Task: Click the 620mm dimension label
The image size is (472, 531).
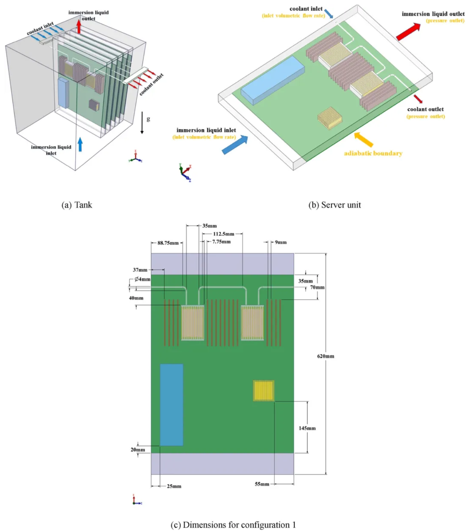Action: (x=326, y=356)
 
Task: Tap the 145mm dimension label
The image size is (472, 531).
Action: (x=307, y=428)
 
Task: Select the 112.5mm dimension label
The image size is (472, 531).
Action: (x=223, y=234)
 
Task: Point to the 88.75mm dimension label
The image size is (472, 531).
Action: (x=168, y=243)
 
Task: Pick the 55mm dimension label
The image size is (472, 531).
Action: (x=262, y=484)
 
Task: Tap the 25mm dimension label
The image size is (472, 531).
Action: (x=174, y=486)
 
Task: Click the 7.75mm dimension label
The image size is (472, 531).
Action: (x=221, y=242)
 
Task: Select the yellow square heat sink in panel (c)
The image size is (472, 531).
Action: (x=264, y=391)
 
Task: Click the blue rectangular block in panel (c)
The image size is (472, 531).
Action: (x=172, y=405)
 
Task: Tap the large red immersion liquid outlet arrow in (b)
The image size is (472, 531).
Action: (x=408, y=32)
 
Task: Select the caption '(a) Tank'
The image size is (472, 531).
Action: (x=77, y=205)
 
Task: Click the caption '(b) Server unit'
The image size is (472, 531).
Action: (x=334, y=205)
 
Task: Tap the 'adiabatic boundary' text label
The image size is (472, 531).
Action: (x=373, y=154)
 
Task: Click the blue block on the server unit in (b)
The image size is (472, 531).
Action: (x=272, y=80)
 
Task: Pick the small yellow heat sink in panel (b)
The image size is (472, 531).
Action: (x=330, y=118)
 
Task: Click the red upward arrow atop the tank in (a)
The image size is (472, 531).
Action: (x=79, y=27)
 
